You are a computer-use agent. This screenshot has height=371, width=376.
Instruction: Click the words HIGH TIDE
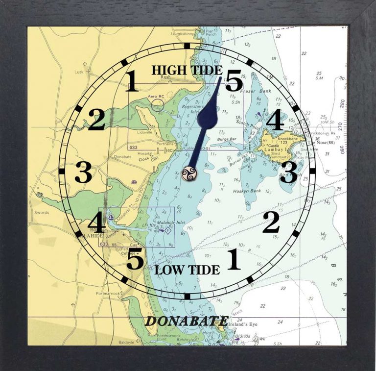[x=187, y=70]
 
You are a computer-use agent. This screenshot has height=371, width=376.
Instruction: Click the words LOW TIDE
[x=187, y=270]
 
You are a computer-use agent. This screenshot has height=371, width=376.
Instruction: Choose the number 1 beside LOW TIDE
[x=233, y=260]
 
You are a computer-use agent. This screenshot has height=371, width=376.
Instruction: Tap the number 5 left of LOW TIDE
[x=135, y=260]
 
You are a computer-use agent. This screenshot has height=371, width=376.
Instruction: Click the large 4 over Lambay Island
[x=274, y=121]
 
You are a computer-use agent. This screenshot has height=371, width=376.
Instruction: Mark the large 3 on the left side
[x=83, y=172]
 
